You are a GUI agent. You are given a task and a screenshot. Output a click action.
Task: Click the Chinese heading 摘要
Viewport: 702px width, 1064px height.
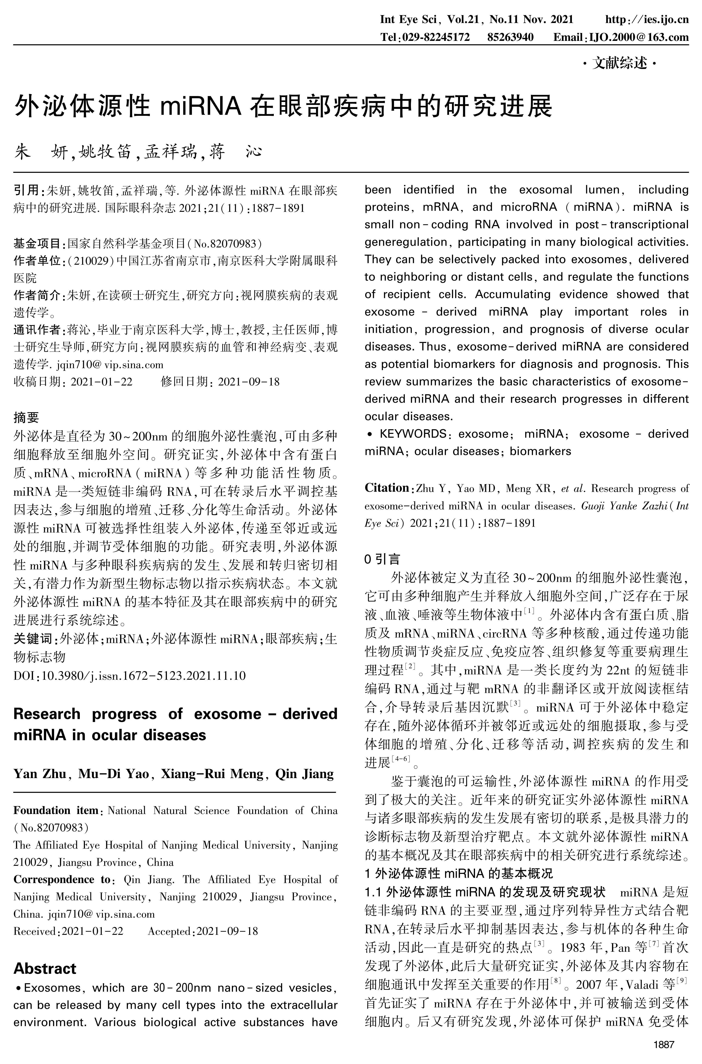[x=26, y=418]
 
